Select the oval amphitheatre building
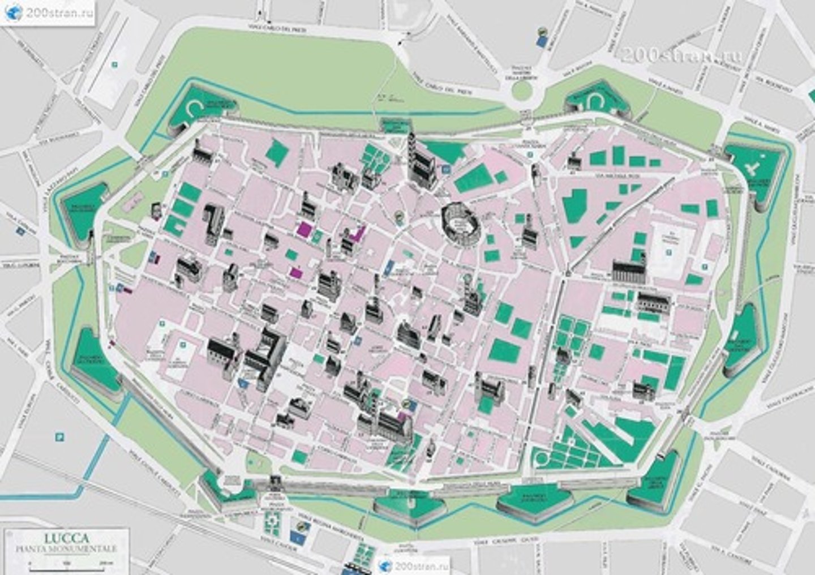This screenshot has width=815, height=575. [458, 222]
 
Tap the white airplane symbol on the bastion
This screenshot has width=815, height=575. [753, 168]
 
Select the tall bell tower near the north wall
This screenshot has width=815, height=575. [411, 150]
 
